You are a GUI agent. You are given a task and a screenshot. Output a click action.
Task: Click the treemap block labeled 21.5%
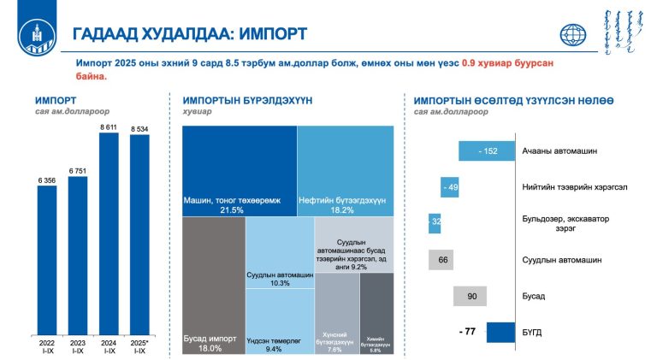[x=240, y=171]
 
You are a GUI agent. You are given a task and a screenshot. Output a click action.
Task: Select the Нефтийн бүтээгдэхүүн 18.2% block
[x=346, y=171]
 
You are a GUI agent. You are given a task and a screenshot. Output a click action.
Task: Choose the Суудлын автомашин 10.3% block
[x=280, y=254]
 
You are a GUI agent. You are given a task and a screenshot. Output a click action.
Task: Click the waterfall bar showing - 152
[x=486, y=150]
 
